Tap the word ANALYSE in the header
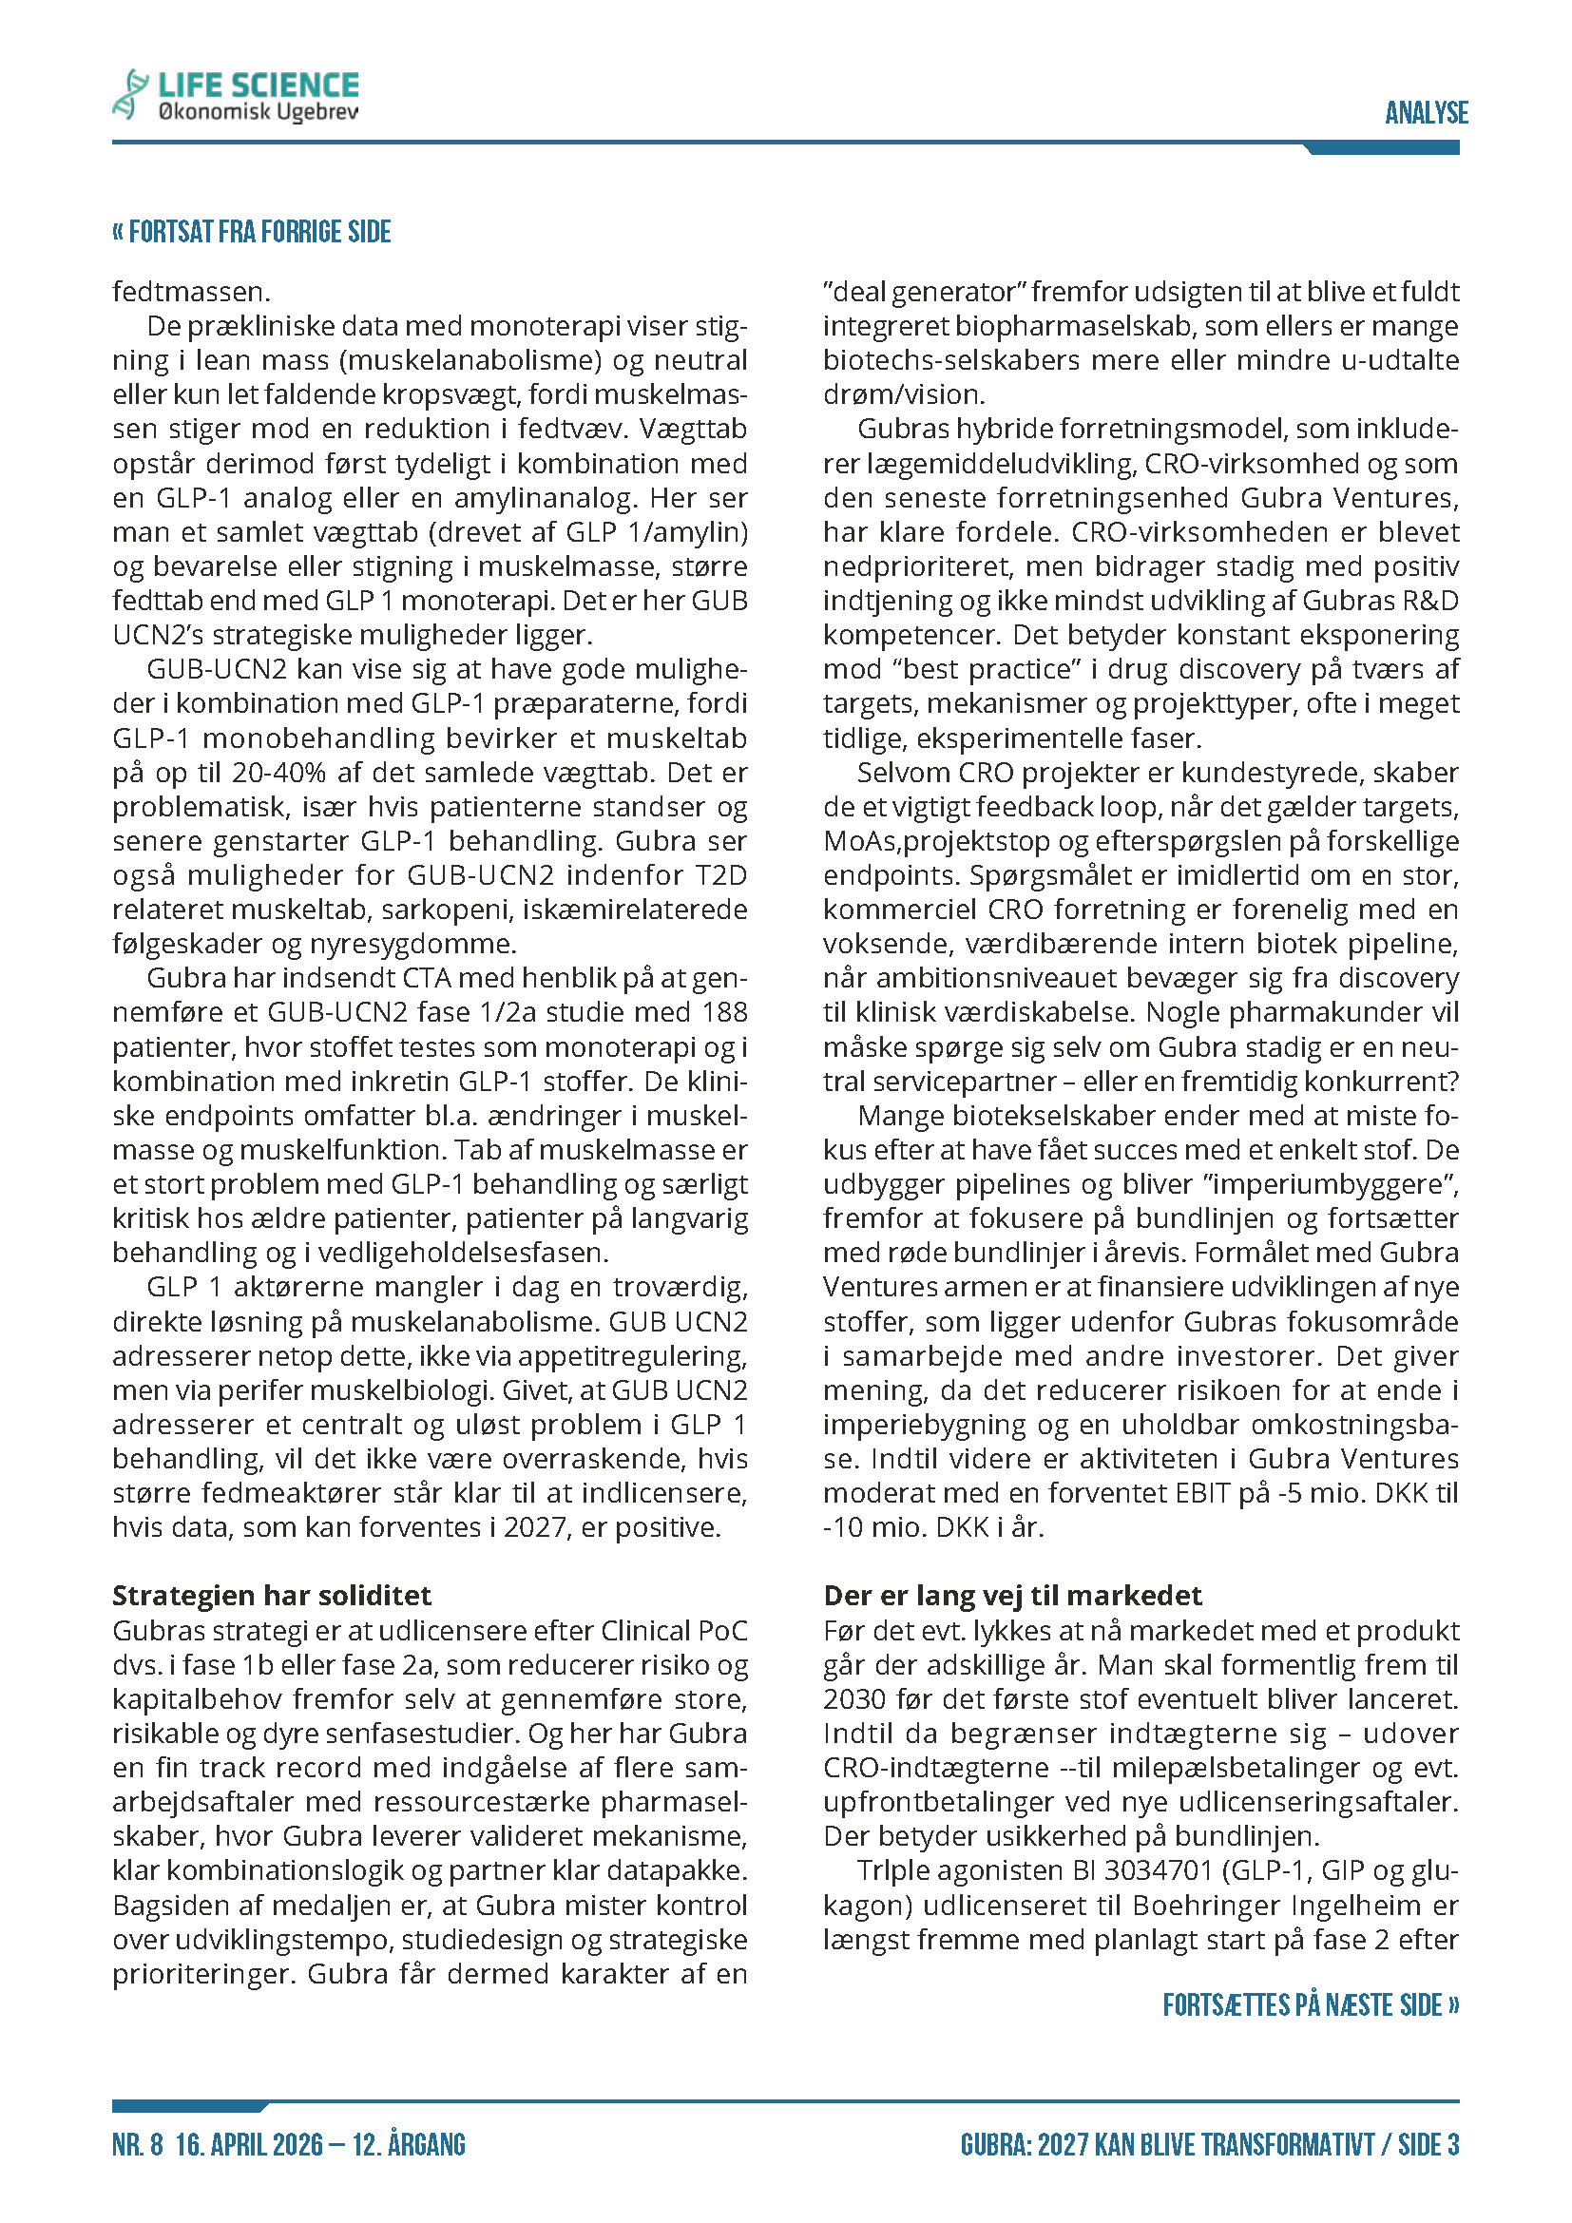[x=1426, y=113]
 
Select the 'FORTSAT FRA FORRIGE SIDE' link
[x=252, y=232]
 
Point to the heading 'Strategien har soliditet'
[x=272, y=1596]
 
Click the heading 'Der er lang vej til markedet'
[x=1011, y=1596]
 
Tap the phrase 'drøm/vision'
[x=902, y=395]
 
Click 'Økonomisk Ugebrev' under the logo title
[x=258, y=113]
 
